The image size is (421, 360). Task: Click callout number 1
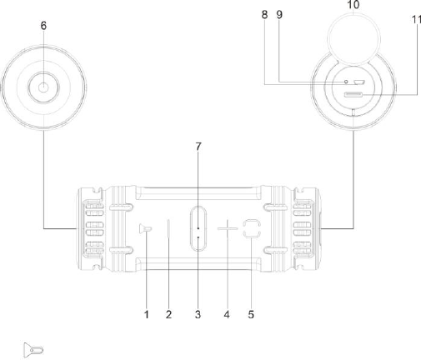coord(147,314)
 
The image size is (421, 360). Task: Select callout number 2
coord(168,314)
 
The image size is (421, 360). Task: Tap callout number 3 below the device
coord(198,314)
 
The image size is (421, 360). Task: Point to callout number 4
coord(227,314)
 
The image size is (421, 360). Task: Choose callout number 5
coord(251,314)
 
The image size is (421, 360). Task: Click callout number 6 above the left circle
coord(43,26)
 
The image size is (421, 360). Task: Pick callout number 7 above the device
coord(198,147)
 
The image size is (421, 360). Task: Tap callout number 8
coord(264,14)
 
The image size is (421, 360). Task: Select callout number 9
coord(279,14)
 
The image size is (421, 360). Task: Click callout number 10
coord(353,4)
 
